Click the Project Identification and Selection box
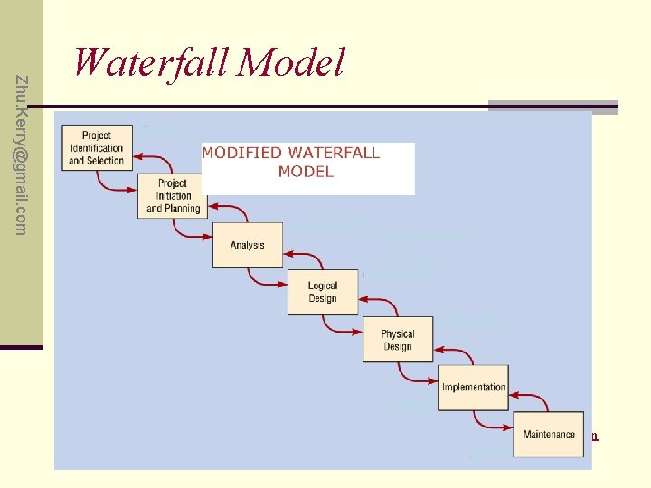pos(97,147)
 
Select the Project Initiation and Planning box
pos(173,195)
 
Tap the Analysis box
pos(247,245)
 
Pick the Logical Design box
pos(323,292)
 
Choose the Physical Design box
pos(397,340)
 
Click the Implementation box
pos(473,388)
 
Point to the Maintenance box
pos(548,435)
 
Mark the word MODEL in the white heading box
pos(306,172)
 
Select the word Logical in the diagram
pos(323,286)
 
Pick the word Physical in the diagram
pos(397,333)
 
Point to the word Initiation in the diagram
pos(173,196)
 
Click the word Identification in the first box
pos(96,148)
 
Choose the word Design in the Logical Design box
pos(323,299)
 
